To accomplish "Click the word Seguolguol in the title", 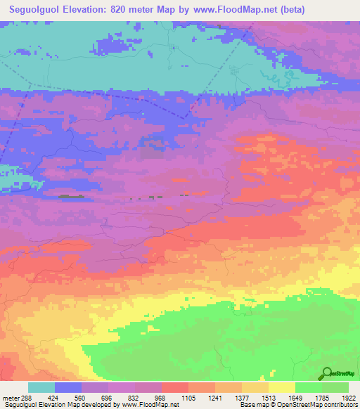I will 35,11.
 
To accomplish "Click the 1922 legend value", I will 349,398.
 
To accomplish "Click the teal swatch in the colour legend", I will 41,387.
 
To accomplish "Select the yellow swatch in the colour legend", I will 282,387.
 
